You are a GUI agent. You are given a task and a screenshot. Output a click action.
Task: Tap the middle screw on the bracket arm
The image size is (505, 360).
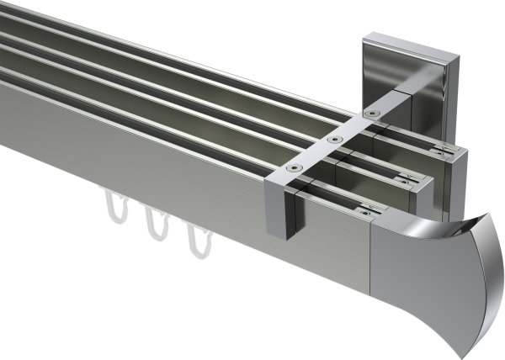pyautogui.click(x=335, y=138)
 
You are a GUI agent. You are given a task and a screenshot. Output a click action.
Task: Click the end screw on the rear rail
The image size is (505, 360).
pyautogui.click(x=441, y=152)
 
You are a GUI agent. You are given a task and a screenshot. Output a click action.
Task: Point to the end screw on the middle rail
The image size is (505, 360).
pyautogui.click(x=407, y=180)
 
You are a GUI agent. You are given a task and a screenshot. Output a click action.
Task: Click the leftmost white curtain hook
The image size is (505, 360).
pyautogui.click(x=114, y=207)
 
